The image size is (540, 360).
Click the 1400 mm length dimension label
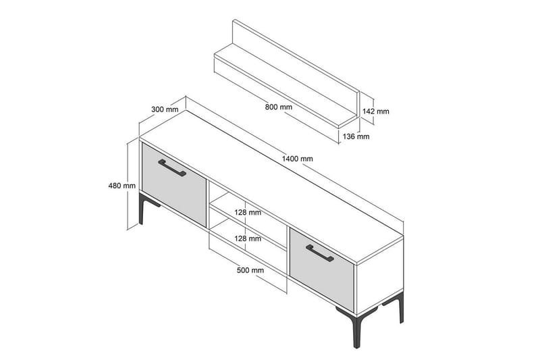(x=298, y=159)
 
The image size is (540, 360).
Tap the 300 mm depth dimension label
(x=165, y=109)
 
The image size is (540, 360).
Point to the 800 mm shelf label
(x=279, y=107)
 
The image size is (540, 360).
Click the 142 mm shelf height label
(x=376, y=111)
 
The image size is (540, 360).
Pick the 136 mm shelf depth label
(x=356, y=136)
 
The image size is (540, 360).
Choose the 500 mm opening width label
(x=250, y=270)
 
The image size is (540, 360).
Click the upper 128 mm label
(x=247, y=212)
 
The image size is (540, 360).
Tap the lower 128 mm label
(x=247, y=238)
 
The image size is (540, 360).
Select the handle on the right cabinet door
(x=319, y=252)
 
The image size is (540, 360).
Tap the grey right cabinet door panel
(x=321, y=266)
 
